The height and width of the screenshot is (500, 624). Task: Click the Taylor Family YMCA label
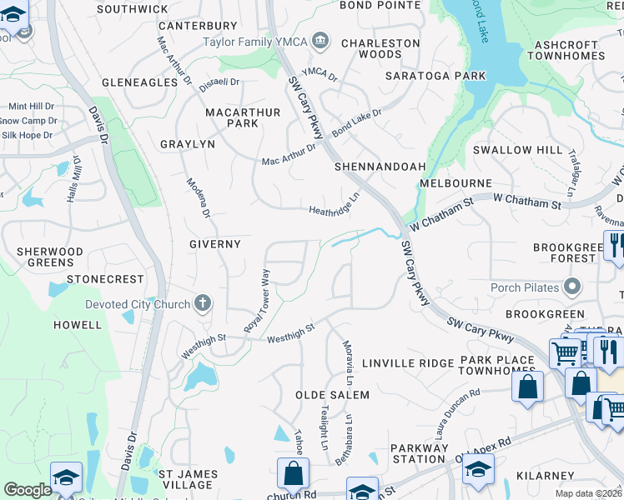255,41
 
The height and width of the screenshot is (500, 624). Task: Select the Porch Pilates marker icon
572,288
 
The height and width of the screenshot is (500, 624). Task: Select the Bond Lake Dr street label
356,123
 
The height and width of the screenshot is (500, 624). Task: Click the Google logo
28,490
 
